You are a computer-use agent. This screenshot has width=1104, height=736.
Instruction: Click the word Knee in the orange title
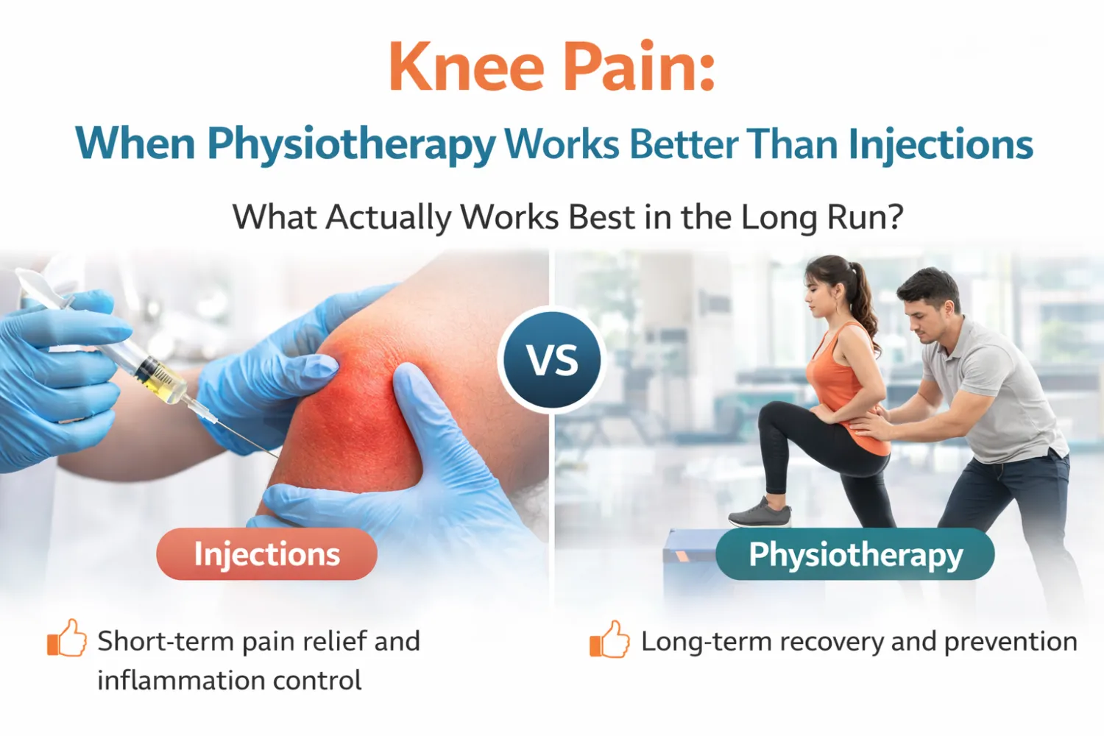pos(466,66)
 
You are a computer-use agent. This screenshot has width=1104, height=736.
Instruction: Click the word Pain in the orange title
pos(631,66)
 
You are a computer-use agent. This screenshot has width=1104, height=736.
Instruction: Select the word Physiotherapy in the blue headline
pos(351,144)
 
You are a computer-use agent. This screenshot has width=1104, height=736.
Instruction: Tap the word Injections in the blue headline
pos(941,144)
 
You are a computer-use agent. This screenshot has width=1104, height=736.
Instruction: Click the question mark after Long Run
pos(893,217)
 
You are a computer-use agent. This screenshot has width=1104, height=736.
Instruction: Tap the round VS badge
pos(552,360)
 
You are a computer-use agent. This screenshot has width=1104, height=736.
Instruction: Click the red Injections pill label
pos(266,553)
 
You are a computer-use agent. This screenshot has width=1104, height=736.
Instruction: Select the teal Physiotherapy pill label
pos(855,553)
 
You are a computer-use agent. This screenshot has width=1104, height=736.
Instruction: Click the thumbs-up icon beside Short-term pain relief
pos(67,638)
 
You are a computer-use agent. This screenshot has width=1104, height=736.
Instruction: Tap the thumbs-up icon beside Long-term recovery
pos(609,639)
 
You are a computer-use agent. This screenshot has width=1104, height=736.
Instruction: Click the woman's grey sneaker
pos(760,513)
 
